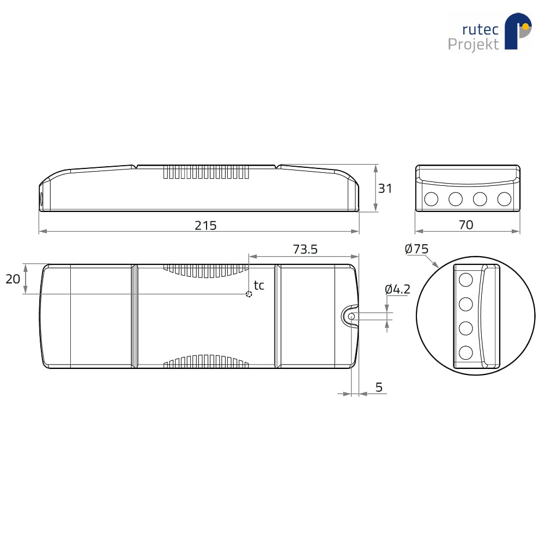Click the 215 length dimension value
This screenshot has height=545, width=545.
[x=205, y=226]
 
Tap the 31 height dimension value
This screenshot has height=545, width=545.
[x=385, y=189]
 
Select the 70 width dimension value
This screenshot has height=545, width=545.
[x=466, y=225]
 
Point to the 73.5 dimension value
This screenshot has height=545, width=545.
[x=305, y=249]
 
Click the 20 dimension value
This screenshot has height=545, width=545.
[x=13, y=278]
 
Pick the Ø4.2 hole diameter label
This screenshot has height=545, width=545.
[x=398, y=289]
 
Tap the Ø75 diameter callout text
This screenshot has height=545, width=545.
[x=416, y=249]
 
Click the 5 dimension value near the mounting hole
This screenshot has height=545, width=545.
[x=379, y=387]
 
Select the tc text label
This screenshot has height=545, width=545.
[x=259, y=285]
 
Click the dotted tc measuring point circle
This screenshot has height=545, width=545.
[x=249, y=294]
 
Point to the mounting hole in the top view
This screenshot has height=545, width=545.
[x=352, y=316]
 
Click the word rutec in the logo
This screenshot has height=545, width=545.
[x=480, y=29]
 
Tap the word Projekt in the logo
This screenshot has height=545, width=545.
[x=473, y=44]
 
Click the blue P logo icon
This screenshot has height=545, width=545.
[x=518, y=31]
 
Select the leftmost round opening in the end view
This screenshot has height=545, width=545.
[x=431, y=199]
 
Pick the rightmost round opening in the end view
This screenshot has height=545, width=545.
[x=504, y=199]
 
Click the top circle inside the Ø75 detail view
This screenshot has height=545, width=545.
[x=466, y=280]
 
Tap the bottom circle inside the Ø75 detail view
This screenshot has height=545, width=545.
[x=466, y=353]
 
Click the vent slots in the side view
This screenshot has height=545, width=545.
[x=206, y=172]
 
